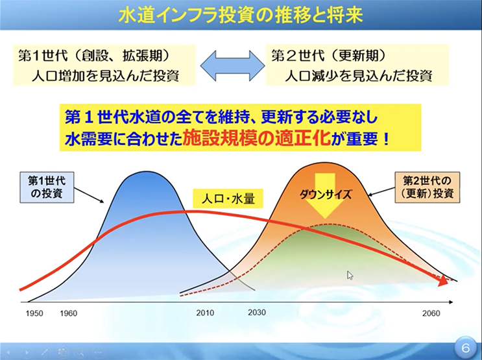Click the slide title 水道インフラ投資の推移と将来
[x=241, y=15]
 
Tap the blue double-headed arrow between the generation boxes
[x=233, y=65]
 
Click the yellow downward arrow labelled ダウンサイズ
[x=326, y=196]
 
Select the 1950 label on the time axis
[x=34, y=313]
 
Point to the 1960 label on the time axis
[x=69, y=313]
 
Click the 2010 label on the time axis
[x=205, y=313]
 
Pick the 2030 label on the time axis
[x=257, y=313]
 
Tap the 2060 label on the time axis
[x=431, y=313]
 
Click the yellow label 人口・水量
[x=228, y=198]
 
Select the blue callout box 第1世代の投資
[x=47, y=187]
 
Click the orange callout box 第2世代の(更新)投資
[x=428, y=187]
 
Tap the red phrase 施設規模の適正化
[x=256, y=139]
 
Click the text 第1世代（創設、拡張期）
[x=94, y=56]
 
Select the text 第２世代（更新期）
[x=329, y=56]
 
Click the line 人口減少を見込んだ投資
[x=359, y=75]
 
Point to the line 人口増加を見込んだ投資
[x=106, y=75]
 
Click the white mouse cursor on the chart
[x=350, y=275]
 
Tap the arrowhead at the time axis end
[x=451, y=302]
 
